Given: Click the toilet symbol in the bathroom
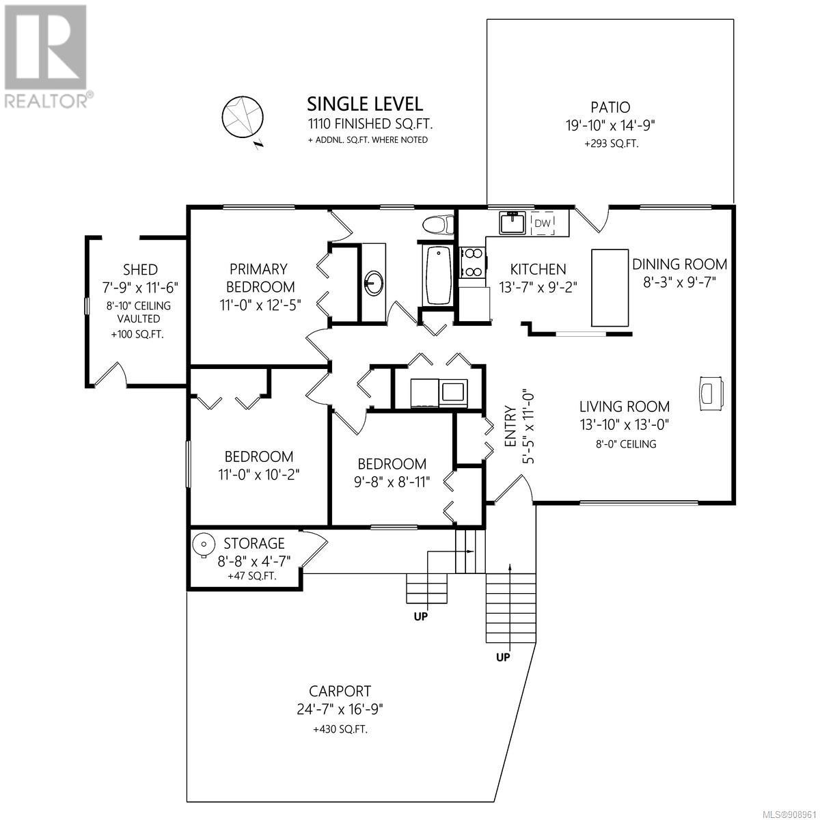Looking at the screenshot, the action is click(x=438, y=224).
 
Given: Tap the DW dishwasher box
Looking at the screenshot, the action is click(x=542, y=223).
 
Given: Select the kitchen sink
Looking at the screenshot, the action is click(x=512, y=222).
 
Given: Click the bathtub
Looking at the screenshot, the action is click(x=438, y=275).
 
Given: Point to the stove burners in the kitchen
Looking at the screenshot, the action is click(x=473, y=262).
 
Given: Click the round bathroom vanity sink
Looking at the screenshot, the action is click(x=374, y=282).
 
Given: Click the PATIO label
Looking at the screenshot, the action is click(x=610, y=107).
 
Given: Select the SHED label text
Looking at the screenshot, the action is click(x=140, y=269).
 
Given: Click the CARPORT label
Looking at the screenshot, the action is click(x=340, y=691).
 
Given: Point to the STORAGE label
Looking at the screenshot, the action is click(x=254, y=543).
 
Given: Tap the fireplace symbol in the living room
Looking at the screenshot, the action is click(x=711, y=393).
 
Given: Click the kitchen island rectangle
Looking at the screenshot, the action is click(x=610, y=288).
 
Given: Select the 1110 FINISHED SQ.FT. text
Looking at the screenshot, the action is click(x=370, y=124).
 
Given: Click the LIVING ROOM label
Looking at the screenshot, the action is click(x=625, y=407).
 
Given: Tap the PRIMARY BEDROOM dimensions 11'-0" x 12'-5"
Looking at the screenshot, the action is click(x=260, y=305).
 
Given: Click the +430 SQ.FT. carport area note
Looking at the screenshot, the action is click(x=340, y=729).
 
